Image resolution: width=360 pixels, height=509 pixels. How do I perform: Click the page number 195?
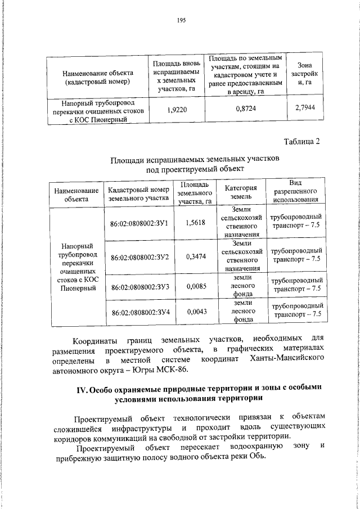pos(181,20)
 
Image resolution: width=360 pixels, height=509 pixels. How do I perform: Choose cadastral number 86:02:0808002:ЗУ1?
pos(140,223)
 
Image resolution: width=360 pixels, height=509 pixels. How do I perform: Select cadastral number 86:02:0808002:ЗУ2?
pos(140,257)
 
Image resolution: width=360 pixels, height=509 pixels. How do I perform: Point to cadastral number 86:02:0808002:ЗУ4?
pos(140,313)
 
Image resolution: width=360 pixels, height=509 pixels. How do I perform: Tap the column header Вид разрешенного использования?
pos(296,191)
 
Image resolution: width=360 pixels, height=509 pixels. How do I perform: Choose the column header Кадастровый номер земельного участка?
pos(138,193)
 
